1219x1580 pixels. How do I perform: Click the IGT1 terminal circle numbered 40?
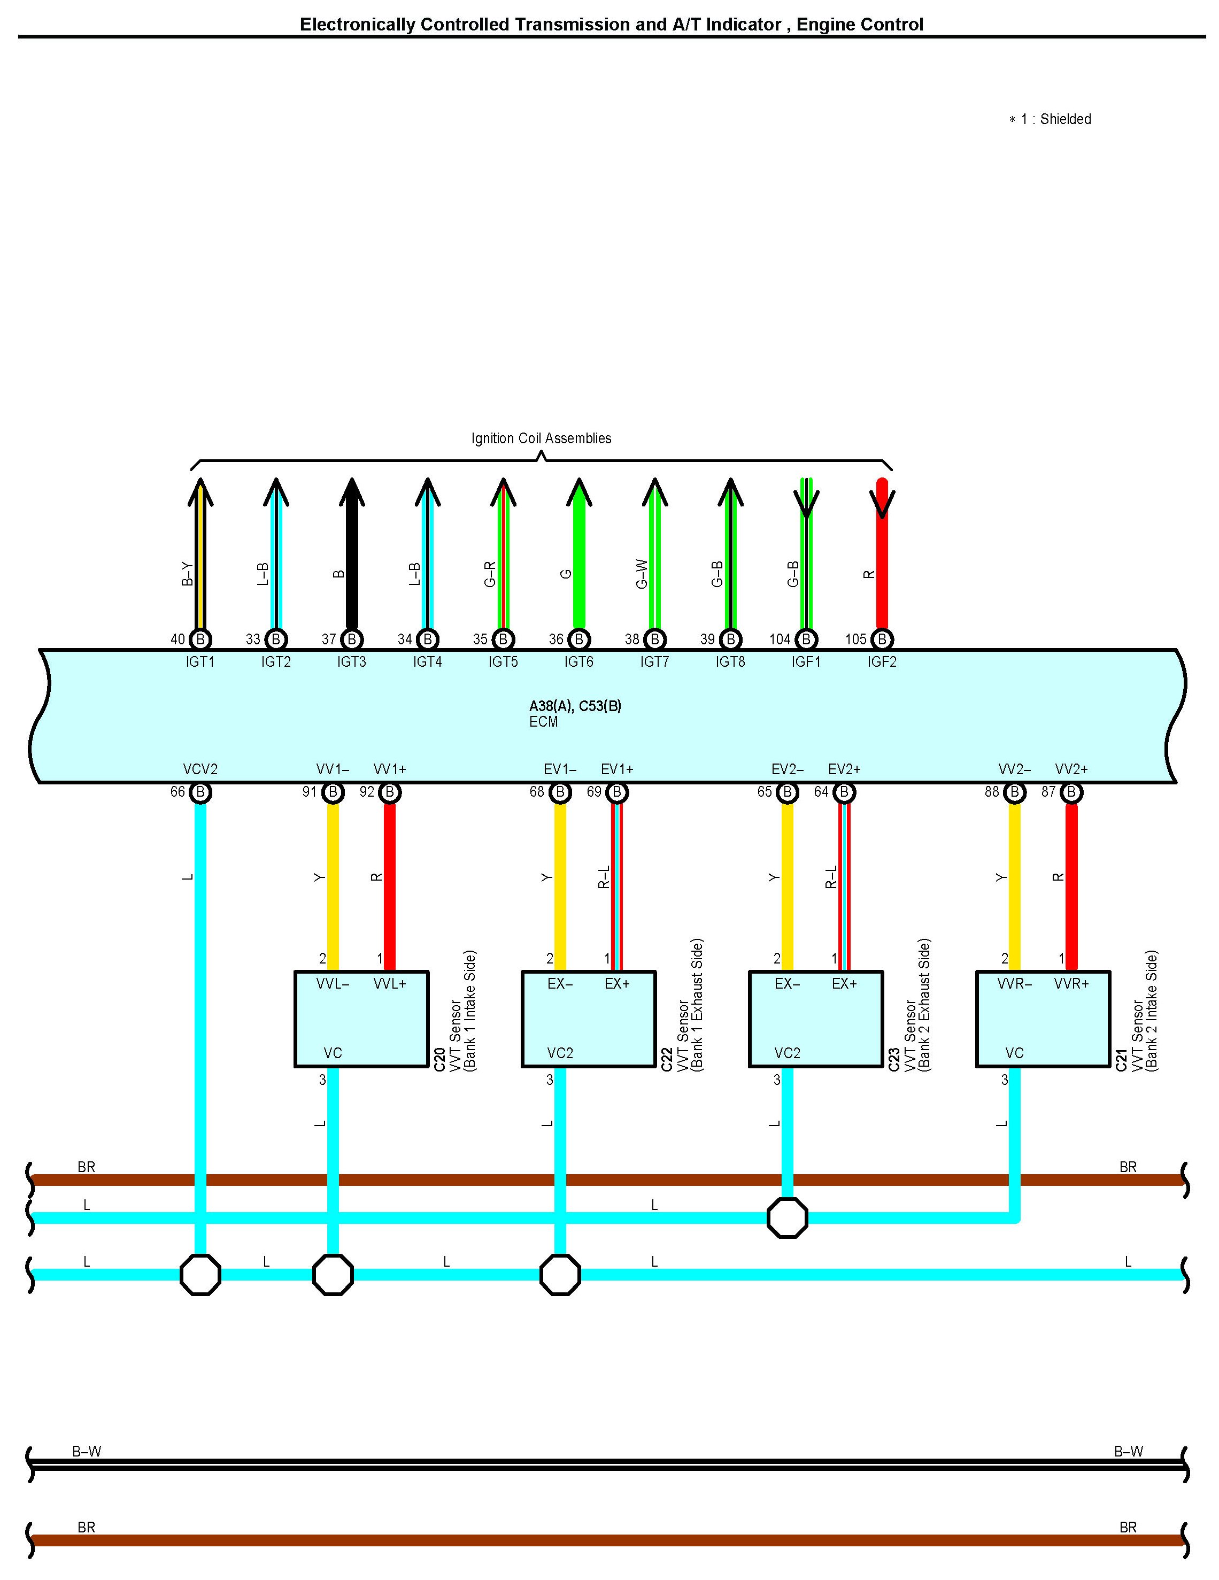(x=200, y=639)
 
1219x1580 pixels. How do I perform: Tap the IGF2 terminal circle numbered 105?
(x=882, y=639)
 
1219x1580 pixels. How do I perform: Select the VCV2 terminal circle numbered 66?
(x=200, y=793)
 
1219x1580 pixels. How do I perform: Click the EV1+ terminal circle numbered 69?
(x=617, y=793)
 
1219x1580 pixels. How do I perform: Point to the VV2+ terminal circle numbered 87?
(x=1071, y=793)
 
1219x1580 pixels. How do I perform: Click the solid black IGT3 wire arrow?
(x=352, y=557)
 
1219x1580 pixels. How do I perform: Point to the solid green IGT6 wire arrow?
(x=578, y=557)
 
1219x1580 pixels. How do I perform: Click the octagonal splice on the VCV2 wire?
(x=200, y=1275)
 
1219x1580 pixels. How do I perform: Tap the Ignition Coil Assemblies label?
(x=541, y=438)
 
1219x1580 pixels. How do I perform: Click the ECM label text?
(x=543, y=722)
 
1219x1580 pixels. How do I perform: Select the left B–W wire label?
(x=87, y=1451)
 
